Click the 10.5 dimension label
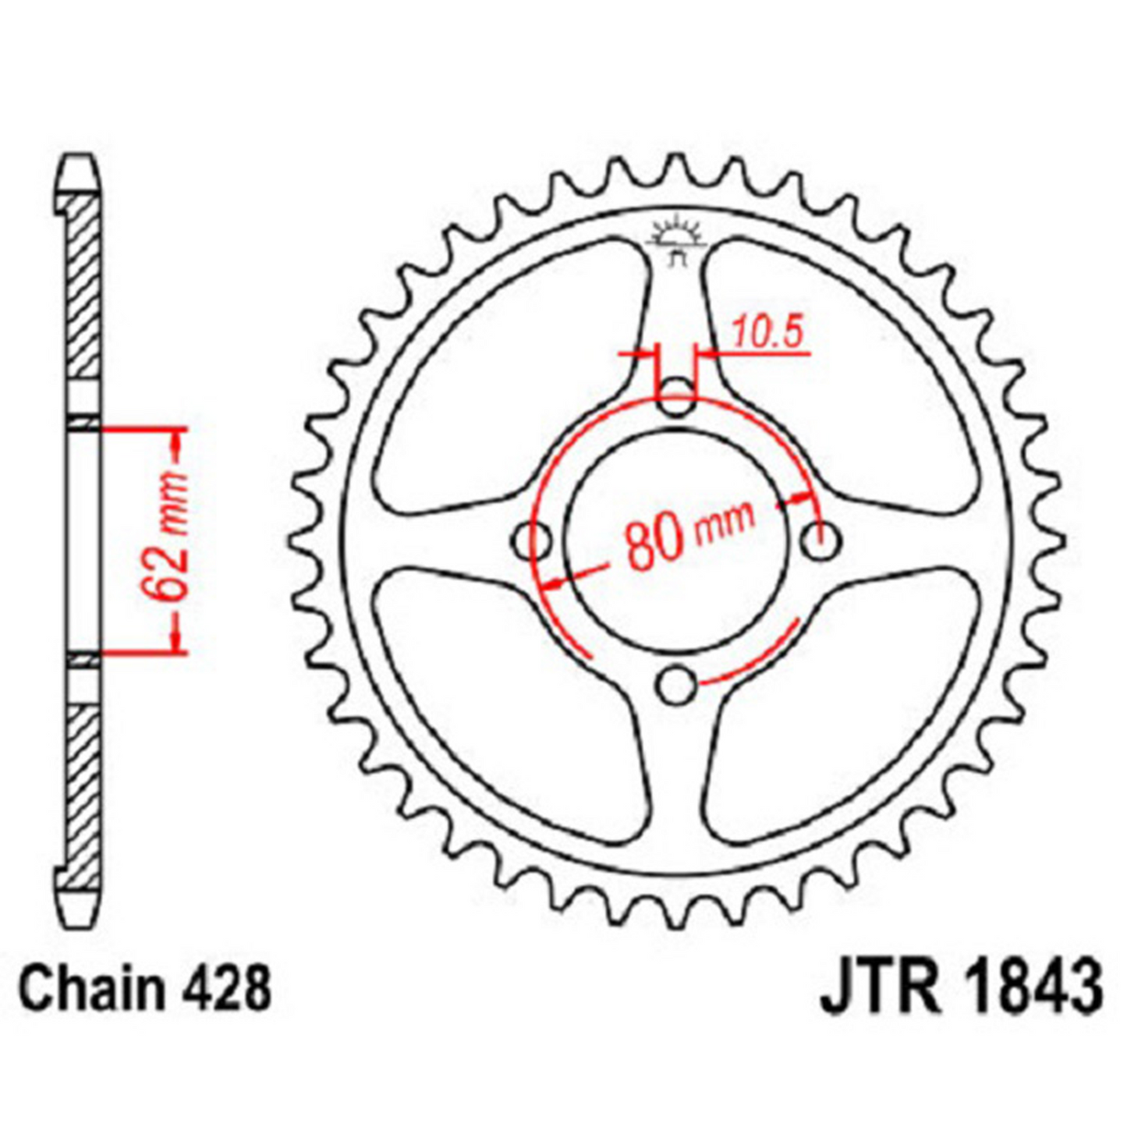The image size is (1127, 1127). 767,334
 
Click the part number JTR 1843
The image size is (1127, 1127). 960,989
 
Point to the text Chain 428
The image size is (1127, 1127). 145,989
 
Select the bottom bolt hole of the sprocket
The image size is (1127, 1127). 675,686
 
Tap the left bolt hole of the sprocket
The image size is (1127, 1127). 532,540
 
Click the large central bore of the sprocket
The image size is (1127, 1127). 675,540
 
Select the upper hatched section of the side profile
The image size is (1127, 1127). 82,289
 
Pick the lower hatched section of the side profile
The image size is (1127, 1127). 82,788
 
